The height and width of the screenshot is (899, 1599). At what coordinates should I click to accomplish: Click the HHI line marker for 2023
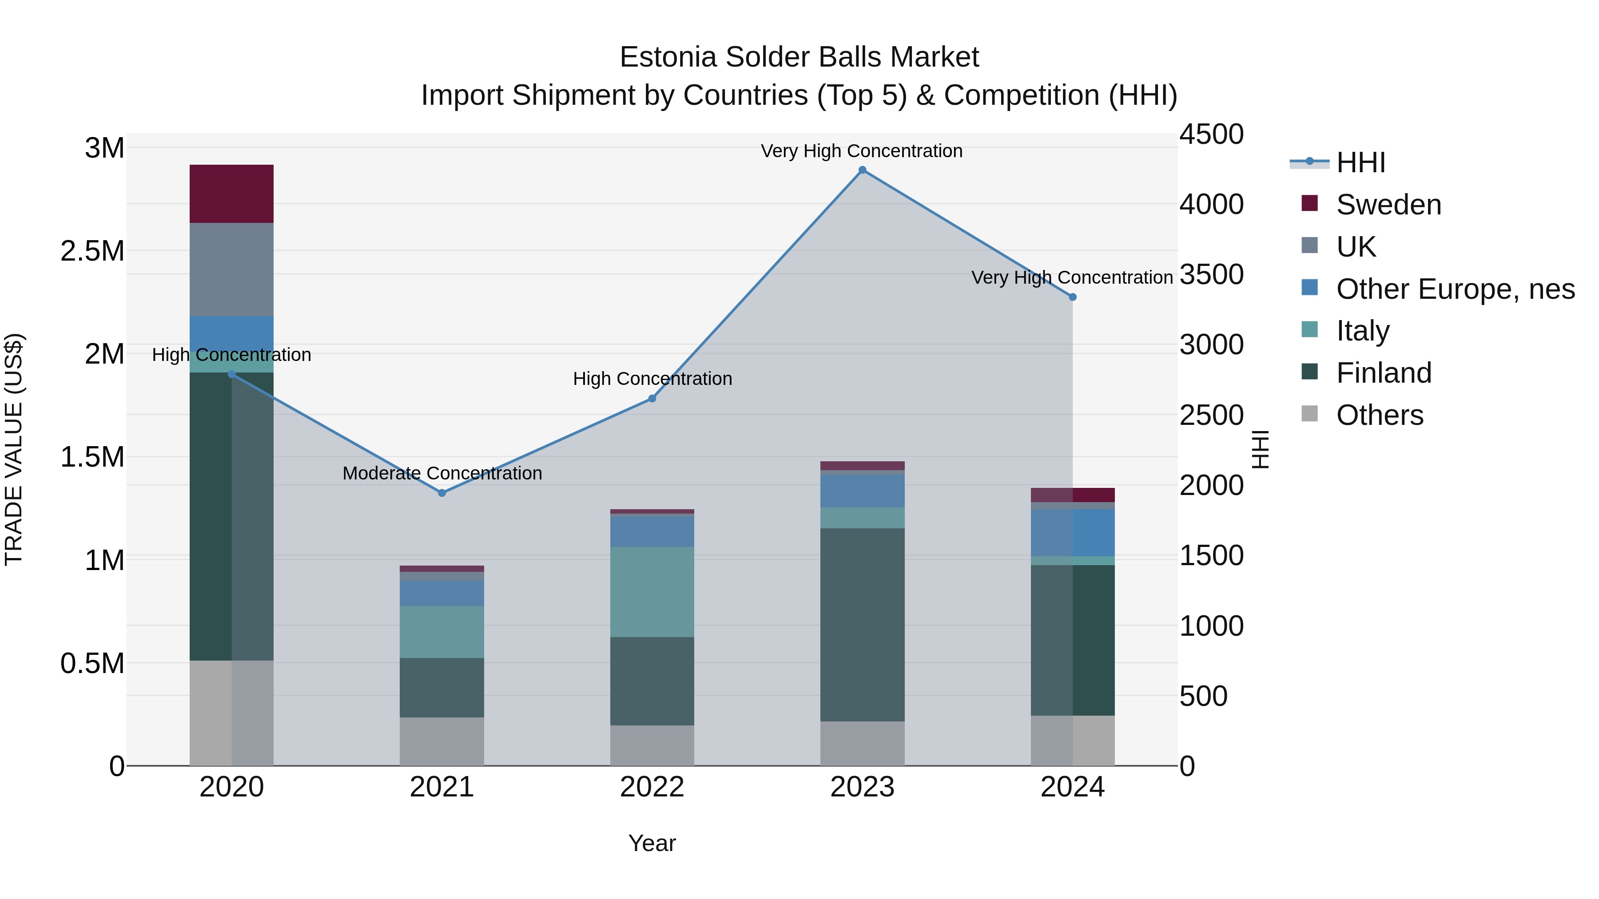(862, 170)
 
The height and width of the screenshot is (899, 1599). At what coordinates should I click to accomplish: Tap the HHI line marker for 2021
(442, 493)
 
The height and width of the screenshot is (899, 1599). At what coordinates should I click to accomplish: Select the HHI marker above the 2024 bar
(1073, 297)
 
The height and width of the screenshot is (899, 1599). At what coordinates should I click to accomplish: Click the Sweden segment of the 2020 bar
(231, 194)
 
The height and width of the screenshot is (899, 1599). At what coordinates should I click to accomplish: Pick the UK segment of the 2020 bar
(231, 269)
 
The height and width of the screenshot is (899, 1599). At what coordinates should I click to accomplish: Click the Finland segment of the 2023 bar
(862, 624)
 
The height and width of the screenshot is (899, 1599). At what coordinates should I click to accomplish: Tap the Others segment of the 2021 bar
(442, 741)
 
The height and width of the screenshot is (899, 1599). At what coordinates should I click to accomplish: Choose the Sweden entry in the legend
(1388, 205)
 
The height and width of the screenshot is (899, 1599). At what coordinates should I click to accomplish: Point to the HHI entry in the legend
(1360, 162)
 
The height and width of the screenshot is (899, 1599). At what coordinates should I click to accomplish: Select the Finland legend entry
(1383, 373)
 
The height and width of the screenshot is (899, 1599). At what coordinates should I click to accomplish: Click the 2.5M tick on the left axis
(92, 251)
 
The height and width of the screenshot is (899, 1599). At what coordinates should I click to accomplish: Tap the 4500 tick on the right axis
(1211, 135)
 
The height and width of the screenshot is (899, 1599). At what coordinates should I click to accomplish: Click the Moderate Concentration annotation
(442, 473)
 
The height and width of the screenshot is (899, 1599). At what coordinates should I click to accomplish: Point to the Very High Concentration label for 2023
(862, 151)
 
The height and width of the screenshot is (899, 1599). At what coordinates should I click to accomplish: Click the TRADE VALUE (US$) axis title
(14, 449)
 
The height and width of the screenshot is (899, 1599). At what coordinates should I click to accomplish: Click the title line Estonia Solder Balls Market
(799, 58)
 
